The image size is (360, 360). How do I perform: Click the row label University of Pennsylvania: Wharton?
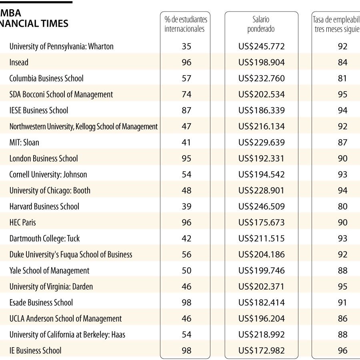(61, 46)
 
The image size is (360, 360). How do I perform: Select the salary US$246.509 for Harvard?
(261, 206)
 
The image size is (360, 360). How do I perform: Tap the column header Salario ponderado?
(261, 24)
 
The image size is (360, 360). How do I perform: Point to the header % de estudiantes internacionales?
(186, 24)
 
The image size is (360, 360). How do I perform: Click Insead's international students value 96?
(186, 62)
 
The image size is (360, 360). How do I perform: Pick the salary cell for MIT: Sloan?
(261, 142)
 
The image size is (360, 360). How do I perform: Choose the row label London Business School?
(44, 158)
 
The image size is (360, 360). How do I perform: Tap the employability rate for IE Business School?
(342, 350)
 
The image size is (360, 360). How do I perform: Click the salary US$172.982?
(261, 350)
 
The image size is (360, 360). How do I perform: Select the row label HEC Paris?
(23, 222)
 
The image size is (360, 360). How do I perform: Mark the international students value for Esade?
(186, 302)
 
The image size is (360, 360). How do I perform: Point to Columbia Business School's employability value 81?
(342, 78)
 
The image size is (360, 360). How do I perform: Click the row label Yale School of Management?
(50, 270)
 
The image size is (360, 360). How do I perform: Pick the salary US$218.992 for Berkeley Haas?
(261, 334)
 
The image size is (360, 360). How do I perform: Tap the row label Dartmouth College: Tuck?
(44, 238)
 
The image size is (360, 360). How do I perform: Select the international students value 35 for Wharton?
(186, 46)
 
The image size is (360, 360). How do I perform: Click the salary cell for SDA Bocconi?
(261, 94)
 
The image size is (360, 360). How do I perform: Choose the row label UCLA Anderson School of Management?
(66, 318)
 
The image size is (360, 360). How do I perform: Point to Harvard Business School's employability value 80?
(342, 206)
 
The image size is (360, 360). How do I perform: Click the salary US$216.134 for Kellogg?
(261, 126)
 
